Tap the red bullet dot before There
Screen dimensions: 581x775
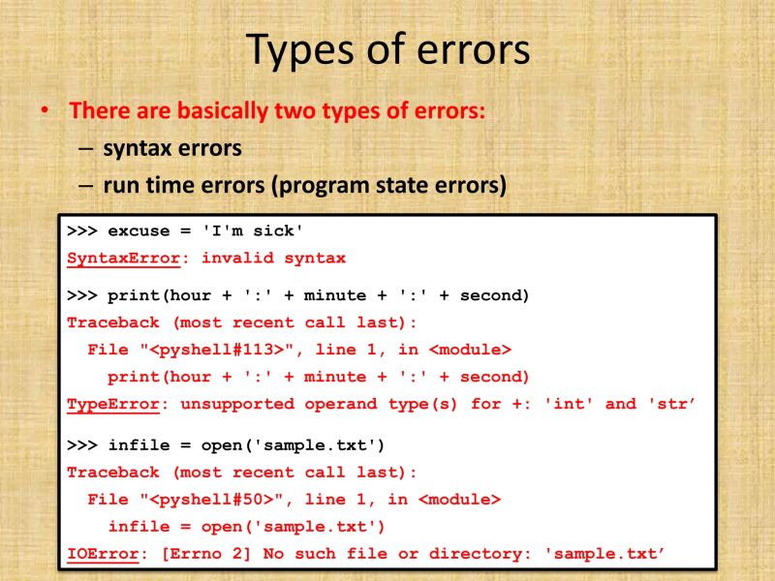pos(43,111)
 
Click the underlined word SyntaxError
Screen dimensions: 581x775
pos(123,259)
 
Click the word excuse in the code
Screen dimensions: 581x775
pos(139,231)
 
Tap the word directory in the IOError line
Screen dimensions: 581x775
pos(466,554)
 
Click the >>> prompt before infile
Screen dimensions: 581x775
pos(81,445)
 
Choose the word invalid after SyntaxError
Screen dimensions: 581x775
pos(236,259)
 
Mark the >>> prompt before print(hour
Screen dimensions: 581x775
pos(81,295)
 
